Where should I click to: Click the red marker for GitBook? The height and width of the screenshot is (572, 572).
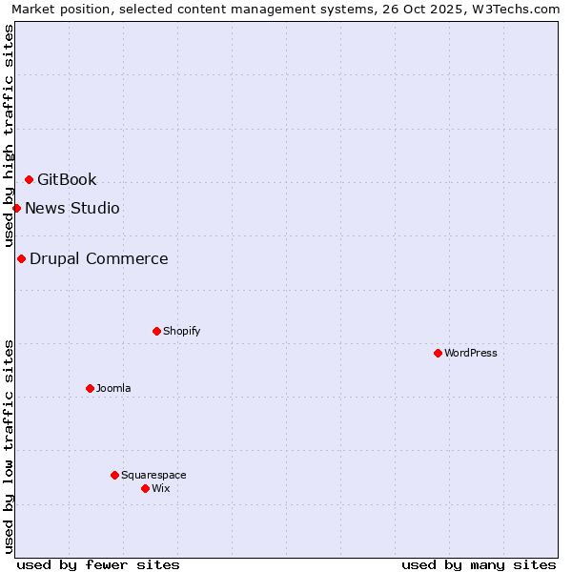tap(29, 179)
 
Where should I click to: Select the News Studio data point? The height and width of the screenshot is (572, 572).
tap(16, 208)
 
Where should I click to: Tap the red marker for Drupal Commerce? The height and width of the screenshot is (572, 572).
tap(21, 258)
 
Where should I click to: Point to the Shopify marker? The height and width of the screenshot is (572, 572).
tap(156, 331)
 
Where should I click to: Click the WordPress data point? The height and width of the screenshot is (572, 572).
tap(438, 353)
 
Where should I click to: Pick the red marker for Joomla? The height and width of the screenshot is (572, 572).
tap(90, 388)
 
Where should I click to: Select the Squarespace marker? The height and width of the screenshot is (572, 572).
tap(114, 475)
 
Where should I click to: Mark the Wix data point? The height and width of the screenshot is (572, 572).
tap(145, 488)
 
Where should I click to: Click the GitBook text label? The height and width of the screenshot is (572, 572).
tap(67, 180)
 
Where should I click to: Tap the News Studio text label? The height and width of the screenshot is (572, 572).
tap(72, 209)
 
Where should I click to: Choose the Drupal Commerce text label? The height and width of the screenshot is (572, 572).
tap(99, 259)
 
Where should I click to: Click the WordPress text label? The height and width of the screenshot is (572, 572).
tap(471, 354)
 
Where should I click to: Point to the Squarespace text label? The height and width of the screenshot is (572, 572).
tap(153, 476)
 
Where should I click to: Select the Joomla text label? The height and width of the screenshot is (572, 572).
tap(113, 389)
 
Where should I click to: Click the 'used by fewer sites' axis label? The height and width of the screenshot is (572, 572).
tap(98, 564)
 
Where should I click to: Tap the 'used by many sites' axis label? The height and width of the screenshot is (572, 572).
tap(479, 564)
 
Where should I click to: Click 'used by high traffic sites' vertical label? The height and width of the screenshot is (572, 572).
tap(9, 135)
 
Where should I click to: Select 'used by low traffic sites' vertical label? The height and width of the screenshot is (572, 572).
tap(9, 445)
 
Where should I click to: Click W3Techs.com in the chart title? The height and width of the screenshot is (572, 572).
tap(521, 10)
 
